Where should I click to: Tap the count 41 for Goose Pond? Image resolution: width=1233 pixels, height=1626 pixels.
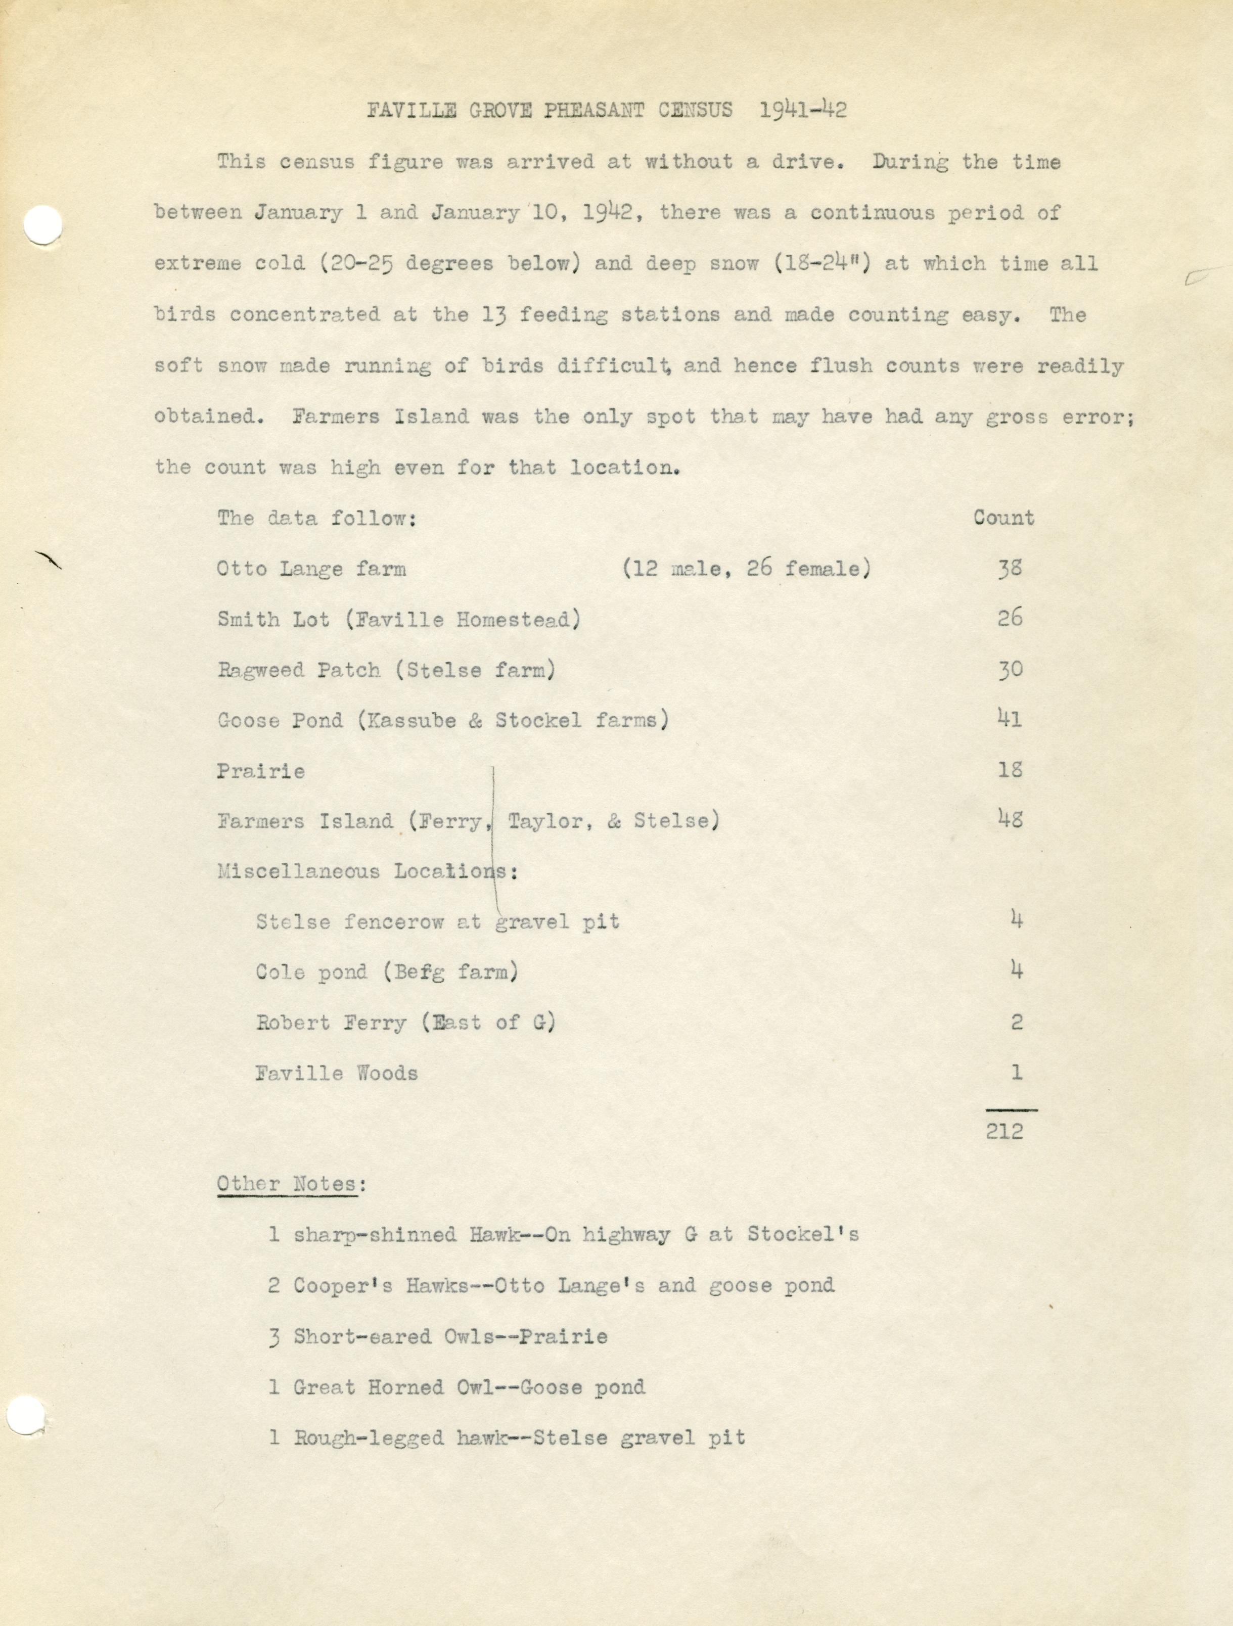tap(1010, 719)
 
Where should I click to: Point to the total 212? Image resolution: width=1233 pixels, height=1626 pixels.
tap(1005, 1130)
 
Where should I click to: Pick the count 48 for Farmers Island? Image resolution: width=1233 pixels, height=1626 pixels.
tap(1010, 820)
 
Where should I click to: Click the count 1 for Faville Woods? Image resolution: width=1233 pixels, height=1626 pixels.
tap(1016, 1073)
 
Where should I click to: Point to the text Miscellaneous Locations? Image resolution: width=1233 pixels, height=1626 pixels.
tap(364, 872)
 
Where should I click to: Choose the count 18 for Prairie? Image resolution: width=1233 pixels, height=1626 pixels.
tap(1010, 770)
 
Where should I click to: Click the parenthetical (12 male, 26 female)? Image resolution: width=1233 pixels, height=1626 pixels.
tap(746, 569)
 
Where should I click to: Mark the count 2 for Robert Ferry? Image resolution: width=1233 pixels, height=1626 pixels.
tap(1016, 1023)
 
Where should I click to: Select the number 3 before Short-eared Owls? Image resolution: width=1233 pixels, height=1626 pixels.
tap(274, 1336)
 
